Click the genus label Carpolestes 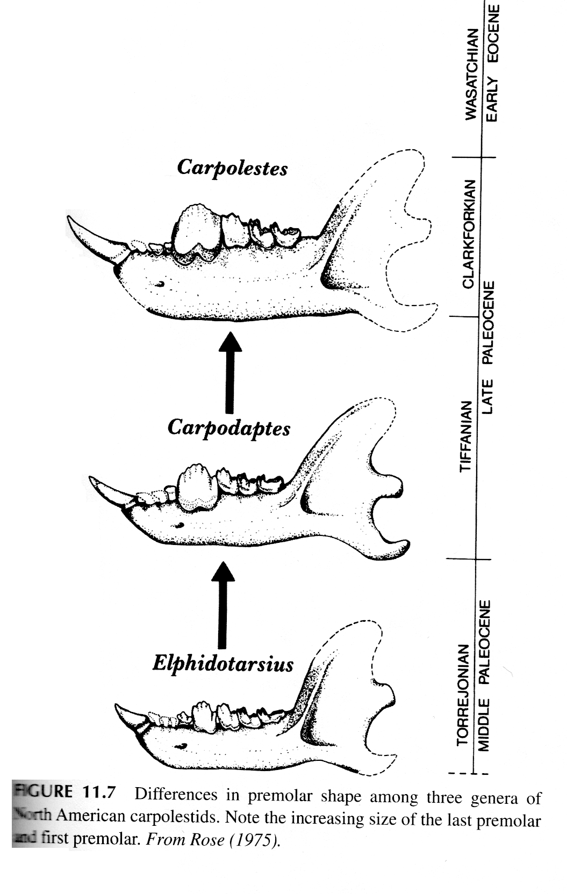[232, 168]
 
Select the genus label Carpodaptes [228, 428]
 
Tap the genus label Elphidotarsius [223, 664]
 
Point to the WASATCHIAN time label [471, 74]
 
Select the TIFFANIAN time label [466, 436]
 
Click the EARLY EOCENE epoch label [493, 63]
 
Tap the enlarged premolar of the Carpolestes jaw [197, 231]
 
